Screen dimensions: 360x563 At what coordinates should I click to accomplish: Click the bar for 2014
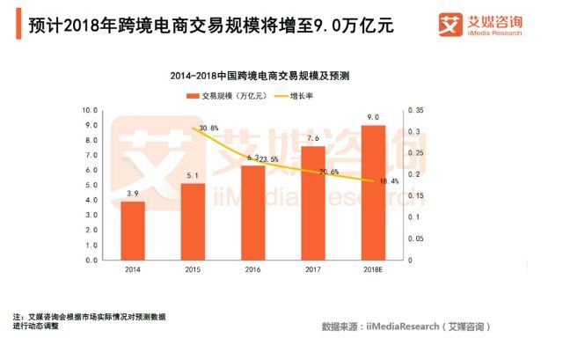click(x=133, y=231)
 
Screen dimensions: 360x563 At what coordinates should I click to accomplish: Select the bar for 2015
click(x=193, y=222)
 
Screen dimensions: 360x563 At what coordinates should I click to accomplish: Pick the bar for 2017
click(x=312, y=203)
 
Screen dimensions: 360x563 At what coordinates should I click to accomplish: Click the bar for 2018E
click(x=372, y=193)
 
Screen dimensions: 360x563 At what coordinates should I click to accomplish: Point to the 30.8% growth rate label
click(x=208, y=129)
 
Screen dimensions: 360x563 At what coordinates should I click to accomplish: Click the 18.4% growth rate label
click(x=388, y=181)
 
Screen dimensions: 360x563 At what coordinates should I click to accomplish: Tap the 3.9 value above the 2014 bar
click(x=133, y=193)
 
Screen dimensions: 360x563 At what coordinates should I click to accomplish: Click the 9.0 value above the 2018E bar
click(x=372, y=117)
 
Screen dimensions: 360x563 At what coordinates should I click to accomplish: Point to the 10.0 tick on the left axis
click(x=89, y=111)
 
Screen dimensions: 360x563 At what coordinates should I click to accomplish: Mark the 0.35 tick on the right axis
click(x=416, y=111)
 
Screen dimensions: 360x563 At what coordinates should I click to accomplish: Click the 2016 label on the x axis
click(x=252, y=269)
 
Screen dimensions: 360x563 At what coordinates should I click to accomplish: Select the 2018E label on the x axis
click(x=372, y=269)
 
